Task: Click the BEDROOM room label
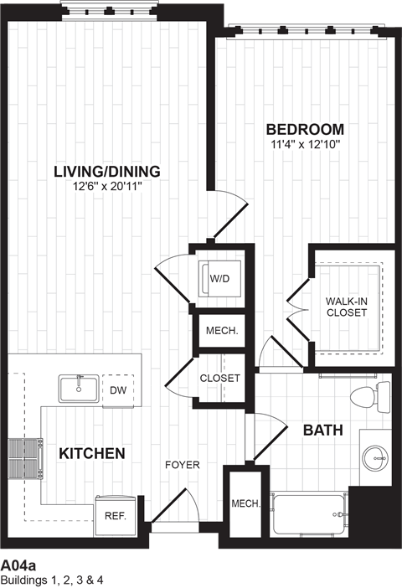[305, 129]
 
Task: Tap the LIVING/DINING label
[106, 172]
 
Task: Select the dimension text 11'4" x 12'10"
[305, 144]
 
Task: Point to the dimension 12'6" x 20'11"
[106, 186]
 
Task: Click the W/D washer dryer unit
[219, 277]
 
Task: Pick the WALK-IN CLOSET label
[346, 306]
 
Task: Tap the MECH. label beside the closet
[222, 331]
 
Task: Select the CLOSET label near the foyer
[219, 379]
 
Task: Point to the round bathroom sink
[375, 457]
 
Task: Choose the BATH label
[322, 431]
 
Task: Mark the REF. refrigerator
[115, 515]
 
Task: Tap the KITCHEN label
[92, 454]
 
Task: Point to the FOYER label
[182, 465]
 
